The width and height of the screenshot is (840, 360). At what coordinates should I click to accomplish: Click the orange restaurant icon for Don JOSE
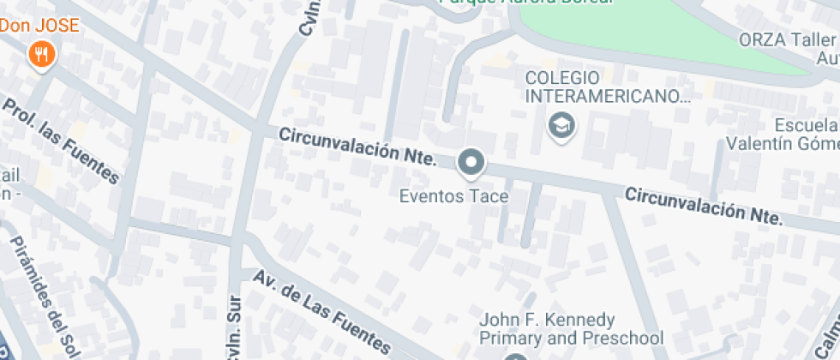[x=41, y=56]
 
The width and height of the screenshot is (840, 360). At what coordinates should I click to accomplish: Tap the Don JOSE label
[x=39, y=26]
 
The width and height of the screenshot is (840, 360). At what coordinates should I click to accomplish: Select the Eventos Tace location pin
[x=471, y=162]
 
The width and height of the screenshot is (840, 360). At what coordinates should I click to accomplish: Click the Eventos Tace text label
[x=454, y=196]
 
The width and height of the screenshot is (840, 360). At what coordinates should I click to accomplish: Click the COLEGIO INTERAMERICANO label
[x=608, y=87]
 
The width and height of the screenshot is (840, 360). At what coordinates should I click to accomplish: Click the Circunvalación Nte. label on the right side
[x=703, y=206]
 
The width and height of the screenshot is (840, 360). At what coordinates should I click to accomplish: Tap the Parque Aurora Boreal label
[x=526, y=3]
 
